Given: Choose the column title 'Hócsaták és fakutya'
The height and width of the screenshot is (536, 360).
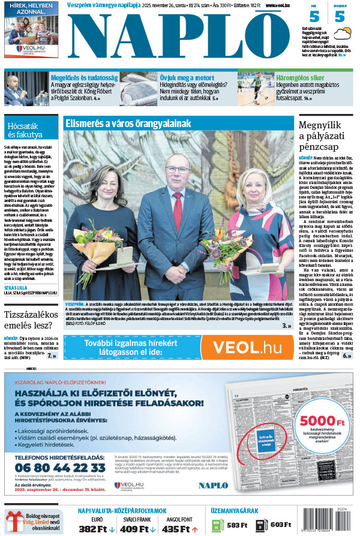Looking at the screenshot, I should (27, 131).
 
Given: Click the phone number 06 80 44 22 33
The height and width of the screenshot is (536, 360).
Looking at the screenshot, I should (60, 467).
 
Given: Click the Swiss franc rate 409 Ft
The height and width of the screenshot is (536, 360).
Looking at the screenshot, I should (137, 529).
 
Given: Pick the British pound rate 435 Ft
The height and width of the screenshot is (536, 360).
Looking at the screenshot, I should (179, 529).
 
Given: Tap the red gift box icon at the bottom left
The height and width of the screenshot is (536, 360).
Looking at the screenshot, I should (16, 522).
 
